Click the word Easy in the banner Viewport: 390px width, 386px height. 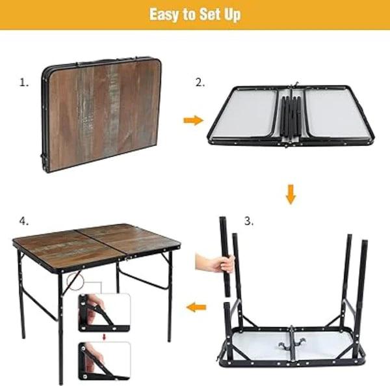click(164, 14)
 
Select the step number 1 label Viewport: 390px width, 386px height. click(24, 83)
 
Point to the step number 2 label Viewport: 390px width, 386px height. click(200, 83)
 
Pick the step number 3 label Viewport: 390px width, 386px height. click(249, 221)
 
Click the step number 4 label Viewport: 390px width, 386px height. click(24, 221)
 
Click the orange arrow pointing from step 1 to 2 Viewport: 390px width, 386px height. click(194, 120)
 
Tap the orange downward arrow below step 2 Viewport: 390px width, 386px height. click(291, 194)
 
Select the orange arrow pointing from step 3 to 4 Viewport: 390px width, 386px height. click(196, 307)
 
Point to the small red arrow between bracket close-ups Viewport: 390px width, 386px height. click(105, 337)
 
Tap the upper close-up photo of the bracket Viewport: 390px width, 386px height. click(105, 313)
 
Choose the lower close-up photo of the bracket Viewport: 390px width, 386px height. click(105, 361)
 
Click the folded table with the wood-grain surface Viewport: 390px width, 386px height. click(101, 114)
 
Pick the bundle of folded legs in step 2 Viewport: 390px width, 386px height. click(291, 117)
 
